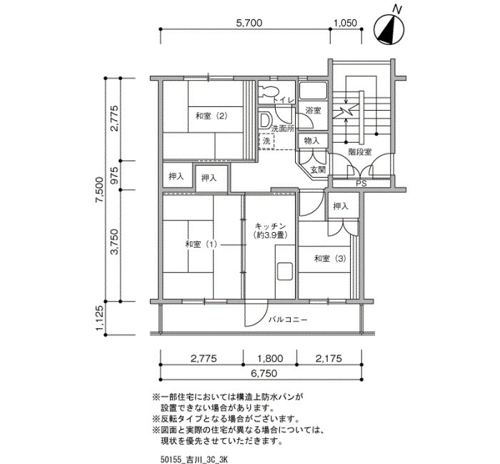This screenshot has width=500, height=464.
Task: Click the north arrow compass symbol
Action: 389,29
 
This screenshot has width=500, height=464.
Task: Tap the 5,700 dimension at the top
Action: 249,23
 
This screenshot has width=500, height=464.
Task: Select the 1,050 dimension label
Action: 345,23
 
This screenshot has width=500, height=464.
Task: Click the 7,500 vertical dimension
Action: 99,190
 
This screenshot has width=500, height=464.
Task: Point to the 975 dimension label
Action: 114,176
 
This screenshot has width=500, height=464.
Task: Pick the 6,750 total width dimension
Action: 264,373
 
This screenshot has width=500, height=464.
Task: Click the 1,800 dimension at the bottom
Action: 270,358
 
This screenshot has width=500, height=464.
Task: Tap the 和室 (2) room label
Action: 211,116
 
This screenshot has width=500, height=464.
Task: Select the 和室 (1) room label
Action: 201,244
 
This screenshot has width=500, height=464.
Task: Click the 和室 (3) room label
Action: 330,258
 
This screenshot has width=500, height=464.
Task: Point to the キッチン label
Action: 271,226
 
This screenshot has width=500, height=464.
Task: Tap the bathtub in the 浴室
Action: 314,90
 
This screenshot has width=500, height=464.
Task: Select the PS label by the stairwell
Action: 361,184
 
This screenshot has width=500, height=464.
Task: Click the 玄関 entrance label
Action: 318,170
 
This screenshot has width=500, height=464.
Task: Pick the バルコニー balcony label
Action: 288,319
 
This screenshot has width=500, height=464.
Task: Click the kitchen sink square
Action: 285,271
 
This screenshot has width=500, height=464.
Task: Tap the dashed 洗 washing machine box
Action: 266,141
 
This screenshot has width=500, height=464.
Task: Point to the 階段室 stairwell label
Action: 360,152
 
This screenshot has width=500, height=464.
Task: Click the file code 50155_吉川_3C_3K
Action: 194,459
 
